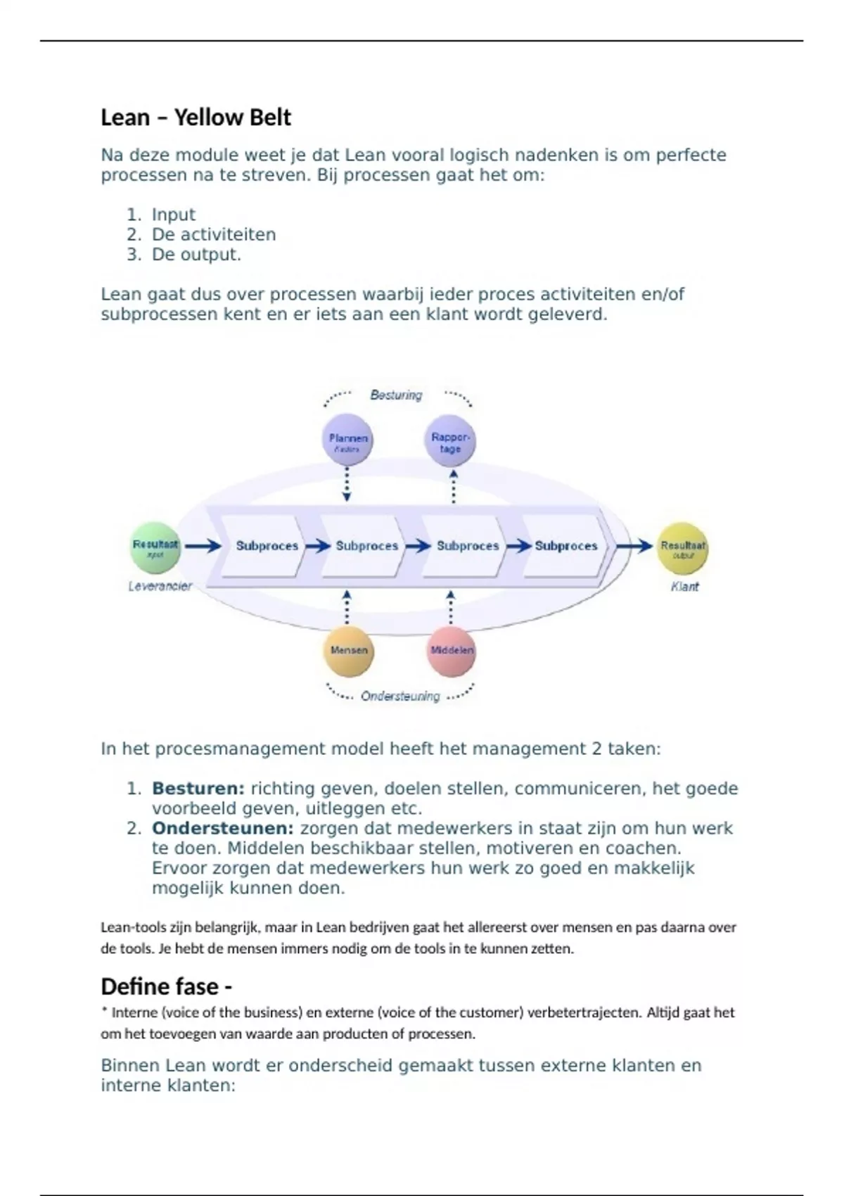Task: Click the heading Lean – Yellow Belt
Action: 196,117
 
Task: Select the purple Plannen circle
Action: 347,440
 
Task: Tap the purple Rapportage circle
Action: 450,441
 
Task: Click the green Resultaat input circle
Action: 155,547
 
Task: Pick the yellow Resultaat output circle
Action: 682,548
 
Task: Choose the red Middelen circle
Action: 452,651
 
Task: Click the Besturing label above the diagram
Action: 396,395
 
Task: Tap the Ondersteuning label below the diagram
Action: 400,696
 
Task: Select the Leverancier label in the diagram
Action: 160,586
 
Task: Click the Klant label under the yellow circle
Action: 684,587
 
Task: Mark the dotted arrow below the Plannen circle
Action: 347,485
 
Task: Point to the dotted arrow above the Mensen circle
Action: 347,606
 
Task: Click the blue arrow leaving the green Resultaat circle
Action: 203,546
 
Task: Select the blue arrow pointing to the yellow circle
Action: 634,546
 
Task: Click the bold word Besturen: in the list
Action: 198,789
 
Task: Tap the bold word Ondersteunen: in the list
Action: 222,828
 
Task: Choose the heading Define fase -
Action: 167,986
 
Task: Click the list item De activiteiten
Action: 214,234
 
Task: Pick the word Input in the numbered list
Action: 174,215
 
